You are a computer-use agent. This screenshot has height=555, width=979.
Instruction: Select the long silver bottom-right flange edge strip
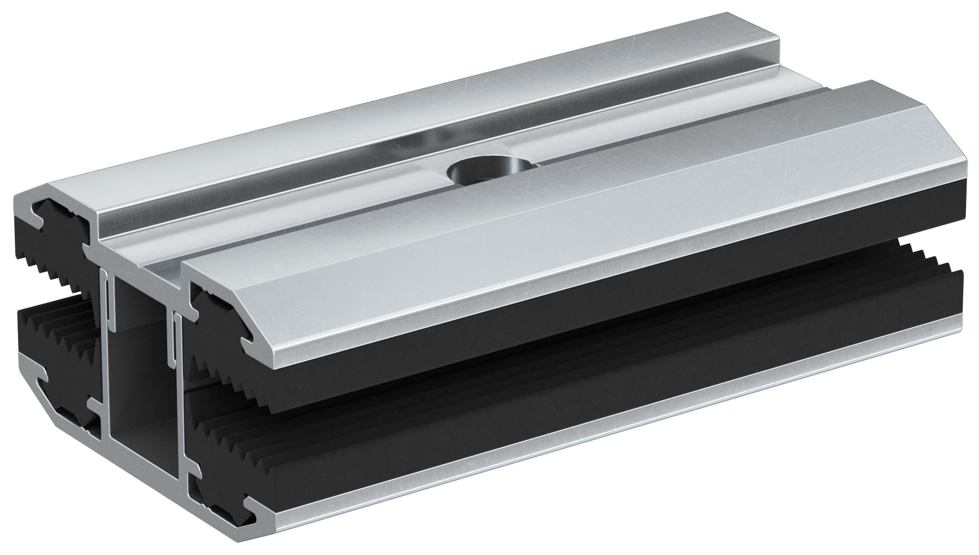pyautogui.click(x=621, y=416)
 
